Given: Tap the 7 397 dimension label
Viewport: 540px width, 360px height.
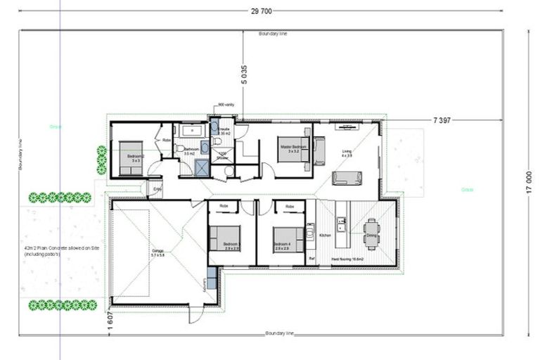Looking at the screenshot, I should click(442, 121).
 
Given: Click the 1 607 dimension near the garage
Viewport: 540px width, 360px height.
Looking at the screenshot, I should click(110, 320).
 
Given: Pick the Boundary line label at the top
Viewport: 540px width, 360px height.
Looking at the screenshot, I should click(273, 34).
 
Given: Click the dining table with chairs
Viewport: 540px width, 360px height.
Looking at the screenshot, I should click(371, 232).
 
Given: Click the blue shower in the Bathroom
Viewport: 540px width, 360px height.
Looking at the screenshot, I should click(202, 167).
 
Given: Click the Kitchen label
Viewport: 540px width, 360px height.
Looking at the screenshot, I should click(326, 235).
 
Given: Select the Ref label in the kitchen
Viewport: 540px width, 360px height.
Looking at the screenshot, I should click(311, 258).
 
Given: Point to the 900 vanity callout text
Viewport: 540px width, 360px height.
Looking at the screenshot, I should click(226, 104).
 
